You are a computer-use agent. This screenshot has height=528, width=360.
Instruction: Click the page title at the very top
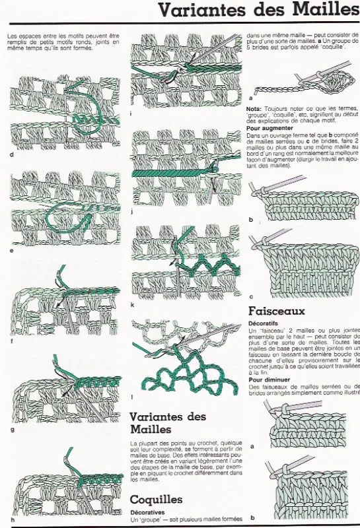(258, 11)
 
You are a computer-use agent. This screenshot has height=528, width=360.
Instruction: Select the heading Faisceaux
(277, 310)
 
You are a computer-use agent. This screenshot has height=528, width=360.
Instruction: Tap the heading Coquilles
(157, 499)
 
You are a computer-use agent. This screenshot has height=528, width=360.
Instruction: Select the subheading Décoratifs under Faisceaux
(263, 323)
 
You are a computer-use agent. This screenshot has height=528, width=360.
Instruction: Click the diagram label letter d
(12, 155)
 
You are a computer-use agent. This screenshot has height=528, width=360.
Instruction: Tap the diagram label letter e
(12, 251)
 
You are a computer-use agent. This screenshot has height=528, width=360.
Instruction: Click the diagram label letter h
(12, 519)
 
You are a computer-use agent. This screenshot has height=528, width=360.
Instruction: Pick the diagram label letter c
(251, 296)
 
